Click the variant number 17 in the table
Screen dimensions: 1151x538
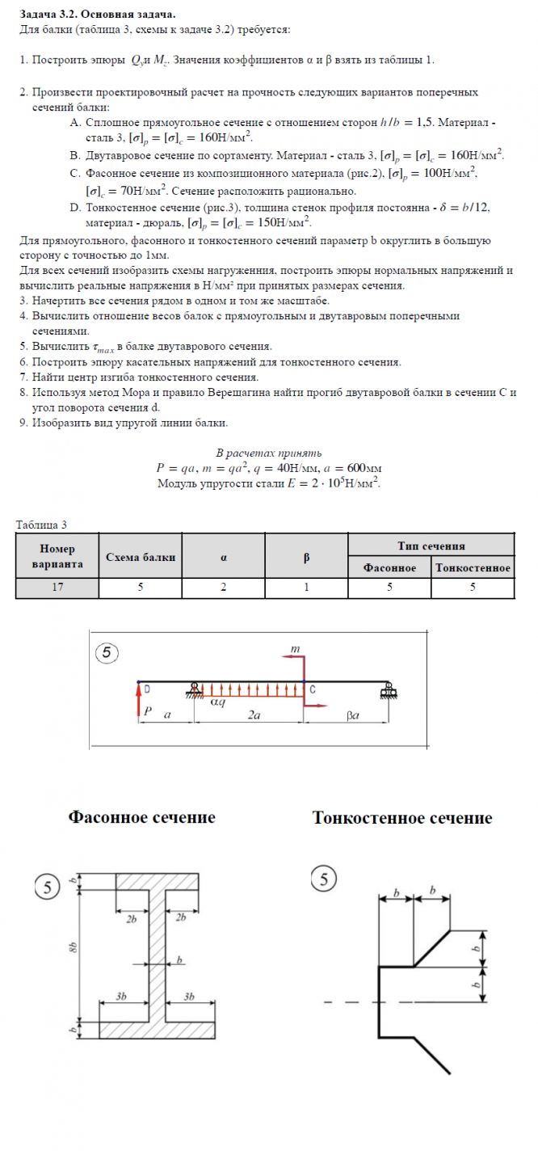pos(57,588)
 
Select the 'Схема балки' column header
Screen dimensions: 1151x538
pos(141,558)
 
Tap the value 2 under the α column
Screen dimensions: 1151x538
pos(222,588)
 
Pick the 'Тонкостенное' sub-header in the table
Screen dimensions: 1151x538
pos(473,568)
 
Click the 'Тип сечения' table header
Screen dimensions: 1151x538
pos(431,546)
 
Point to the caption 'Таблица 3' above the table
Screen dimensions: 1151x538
pos(41,525)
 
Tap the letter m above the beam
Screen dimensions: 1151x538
pos(296,648)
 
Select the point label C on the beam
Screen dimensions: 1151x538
pos(313,689)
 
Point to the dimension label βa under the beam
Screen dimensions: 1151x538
pos(352,716)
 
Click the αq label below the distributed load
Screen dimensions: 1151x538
pos(218,703)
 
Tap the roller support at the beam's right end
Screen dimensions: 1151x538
pos(389,691)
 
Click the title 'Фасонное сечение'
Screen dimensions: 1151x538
pos(142,817)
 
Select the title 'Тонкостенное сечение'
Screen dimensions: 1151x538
pos(401,818)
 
